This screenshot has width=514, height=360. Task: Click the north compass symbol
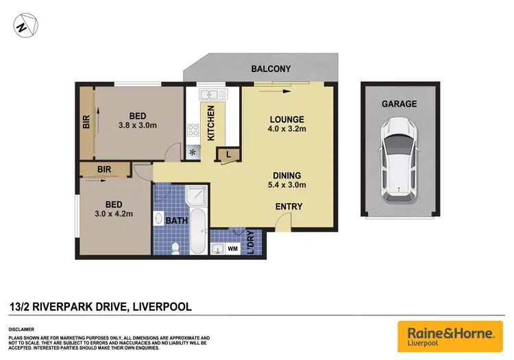(25, 26)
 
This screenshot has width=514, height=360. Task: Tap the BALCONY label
(271, 69)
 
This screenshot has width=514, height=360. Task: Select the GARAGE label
(399, 104)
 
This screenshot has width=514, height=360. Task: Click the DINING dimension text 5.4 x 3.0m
(287, 185)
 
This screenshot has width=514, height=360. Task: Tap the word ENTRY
(289, 207)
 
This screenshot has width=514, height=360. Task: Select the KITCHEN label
(211, 123)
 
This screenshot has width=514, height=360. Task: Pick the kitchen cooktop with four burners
(193, 130)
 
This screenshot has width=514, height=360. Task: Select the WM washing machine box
(232, 248)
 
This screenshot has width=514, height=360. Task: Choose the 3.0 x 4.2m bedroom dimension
(114, 214)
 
